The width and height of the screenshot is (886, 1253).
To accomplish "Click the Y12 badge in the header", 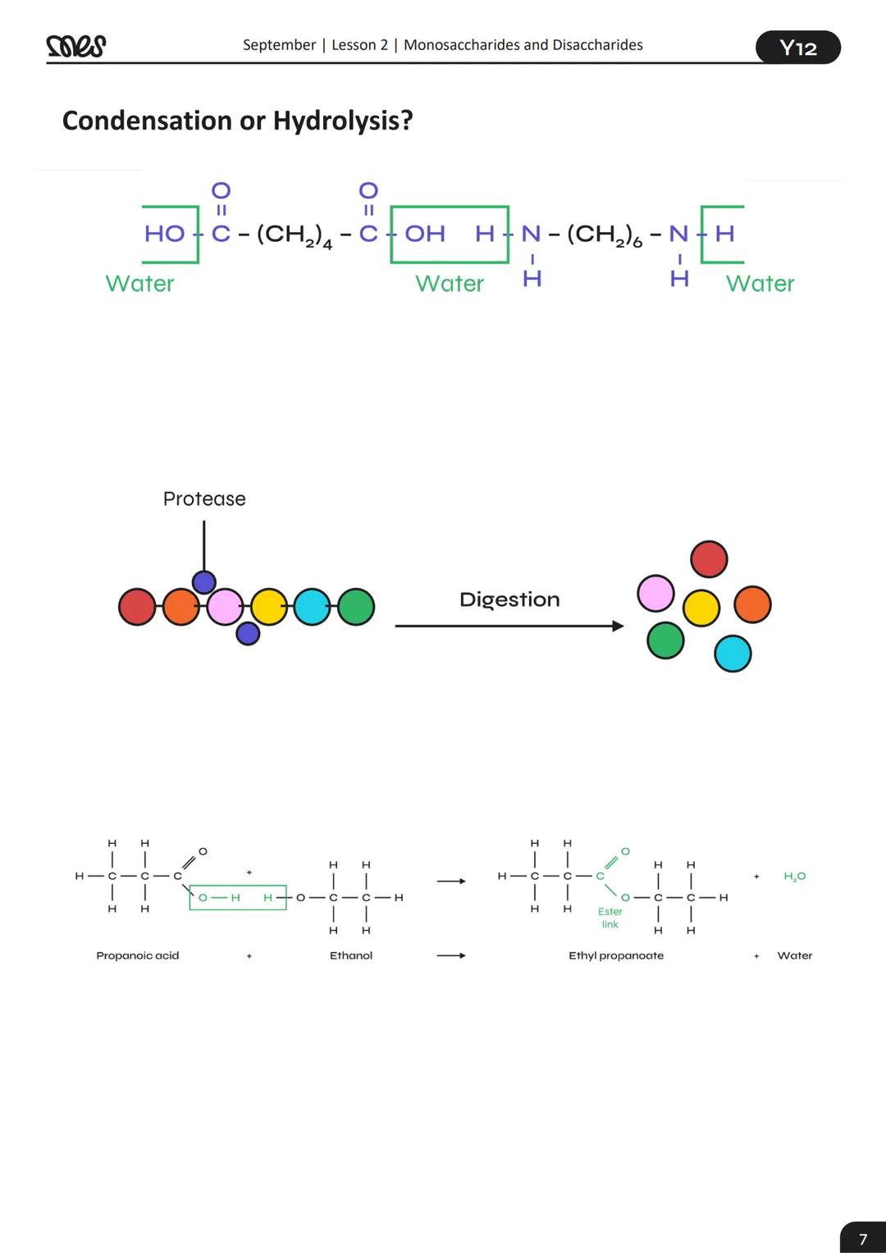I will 797,48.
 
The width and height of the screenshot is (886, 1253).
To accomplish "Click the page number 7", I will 862,1238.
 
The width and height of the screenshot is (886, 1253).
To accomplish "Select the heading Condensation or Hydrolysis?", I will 237,121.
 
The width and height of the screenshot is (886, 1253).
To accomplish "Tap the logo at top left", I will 76,46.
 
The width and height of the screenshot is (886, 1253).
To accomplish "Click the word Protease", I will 204,499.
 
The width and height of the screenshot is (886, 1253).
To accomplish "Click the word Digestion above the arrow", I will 509,599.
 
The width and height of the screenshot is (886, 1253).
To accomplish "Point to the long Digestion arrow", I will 509,626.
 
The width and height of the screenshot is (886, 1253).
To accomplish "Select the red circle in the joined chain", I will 137,607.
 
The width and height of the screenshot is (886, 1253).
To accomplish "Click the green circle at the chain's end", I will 356,607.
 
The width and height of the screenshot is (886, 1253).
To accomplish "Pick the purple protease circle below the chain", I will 248,633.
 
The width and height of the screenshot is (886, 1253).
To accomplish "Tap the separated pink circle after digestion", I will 655,593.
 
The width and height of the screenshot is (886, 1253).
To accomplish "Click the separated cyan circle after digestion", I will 733,654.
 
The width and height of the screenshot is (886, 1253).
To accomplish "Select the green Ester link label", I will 610,918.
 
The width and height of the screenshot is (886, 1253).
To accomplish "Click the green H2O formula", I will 794,877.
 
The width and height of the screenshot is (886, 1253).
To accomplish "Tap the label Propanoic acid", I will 137,955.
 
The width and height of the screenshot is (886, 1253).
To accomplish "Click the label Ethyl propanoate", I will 616,955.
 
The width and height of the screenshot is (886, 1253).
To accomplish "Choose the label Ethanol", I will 351,955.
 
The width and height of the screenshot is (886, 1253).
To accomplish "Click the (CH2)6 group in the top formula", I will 605,235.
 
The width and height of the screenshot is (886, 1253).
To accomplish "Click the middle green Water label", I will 450,284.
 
